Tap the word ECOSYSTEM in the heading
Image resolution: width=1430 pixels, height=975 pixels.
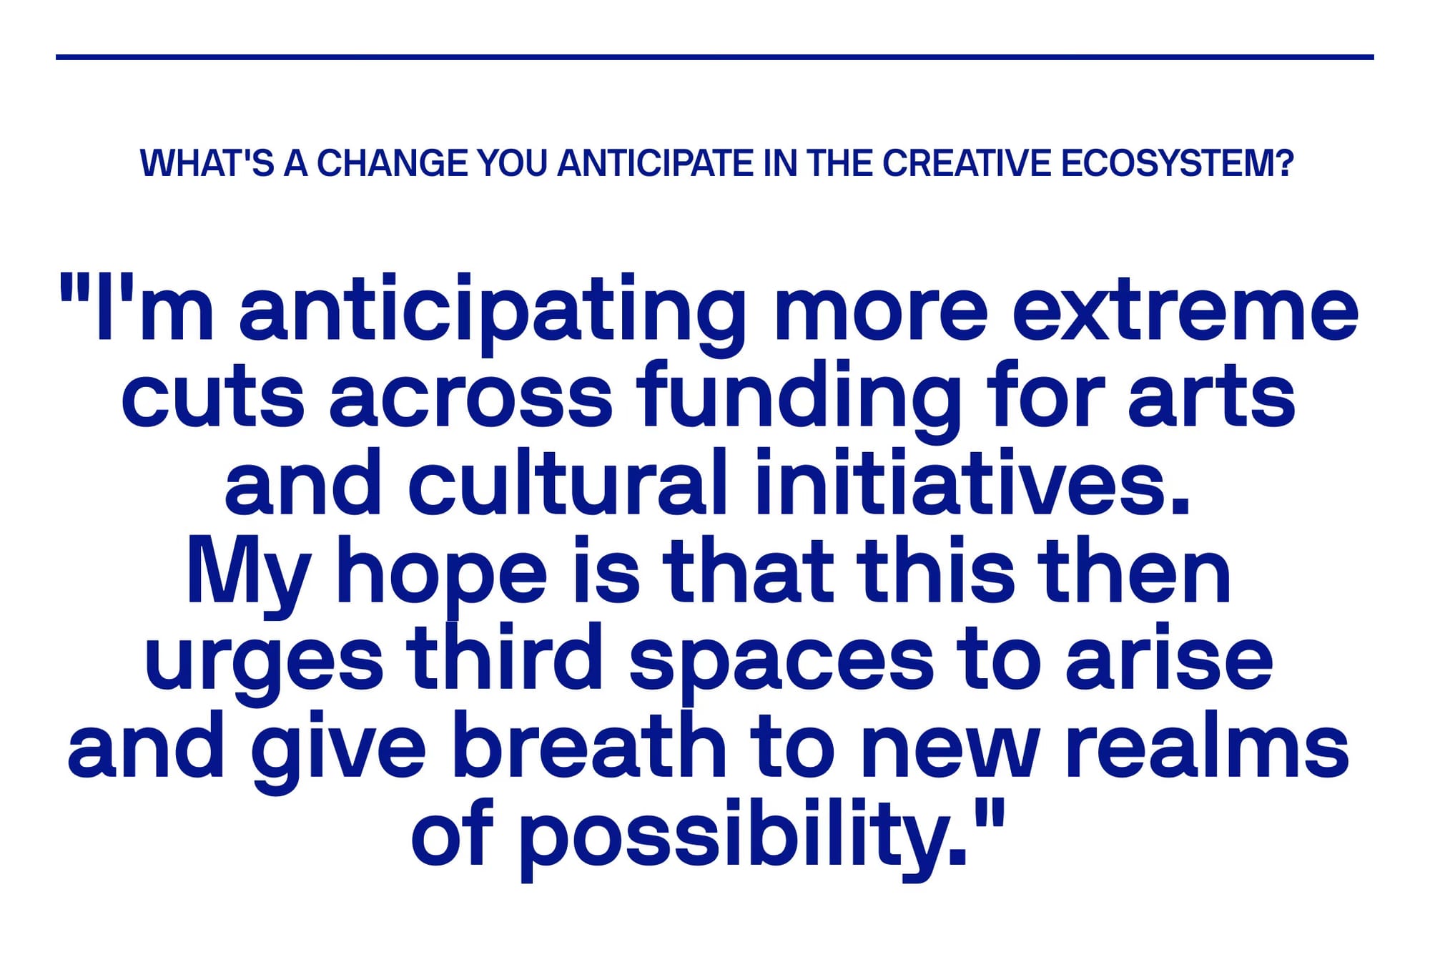coord(1178,163)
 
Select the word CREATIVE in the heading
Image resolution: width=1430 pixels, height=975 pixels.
coord(967,163)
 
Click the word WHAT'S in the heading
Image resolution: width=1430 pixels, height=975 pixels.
coord(207,163)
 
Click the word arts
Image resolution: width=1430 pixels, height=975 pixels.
coord(1211,398)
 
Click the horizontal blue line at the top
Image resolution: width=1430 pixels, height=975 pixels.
coord(715,57)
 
